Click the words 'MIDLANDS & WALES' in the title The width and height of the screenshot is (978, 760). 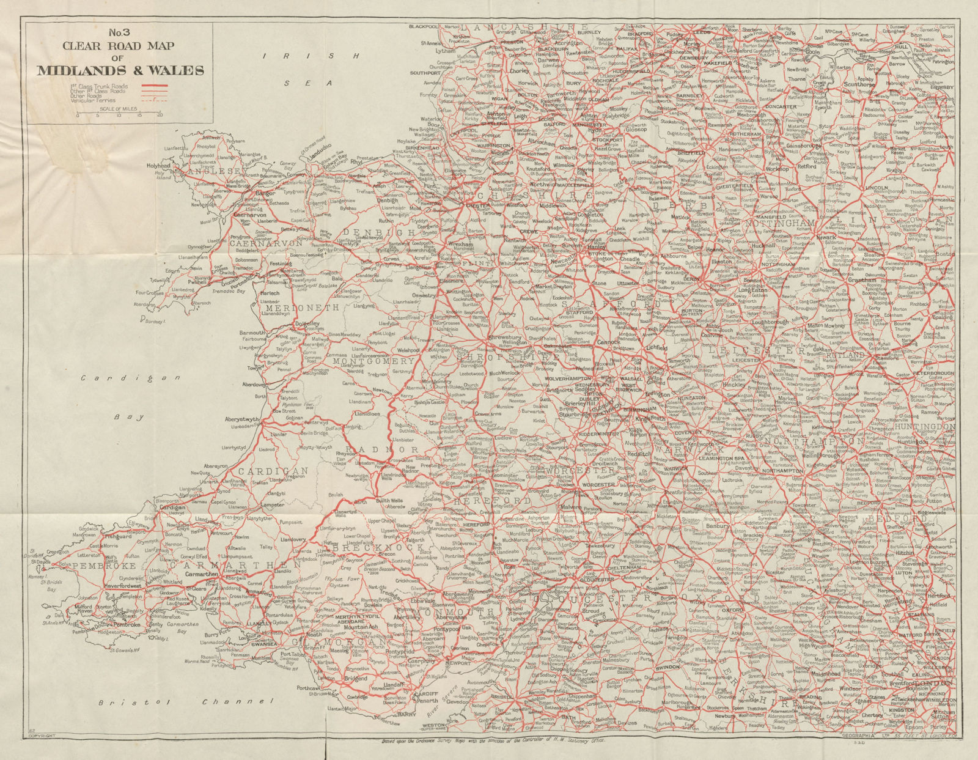point(121,70)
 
